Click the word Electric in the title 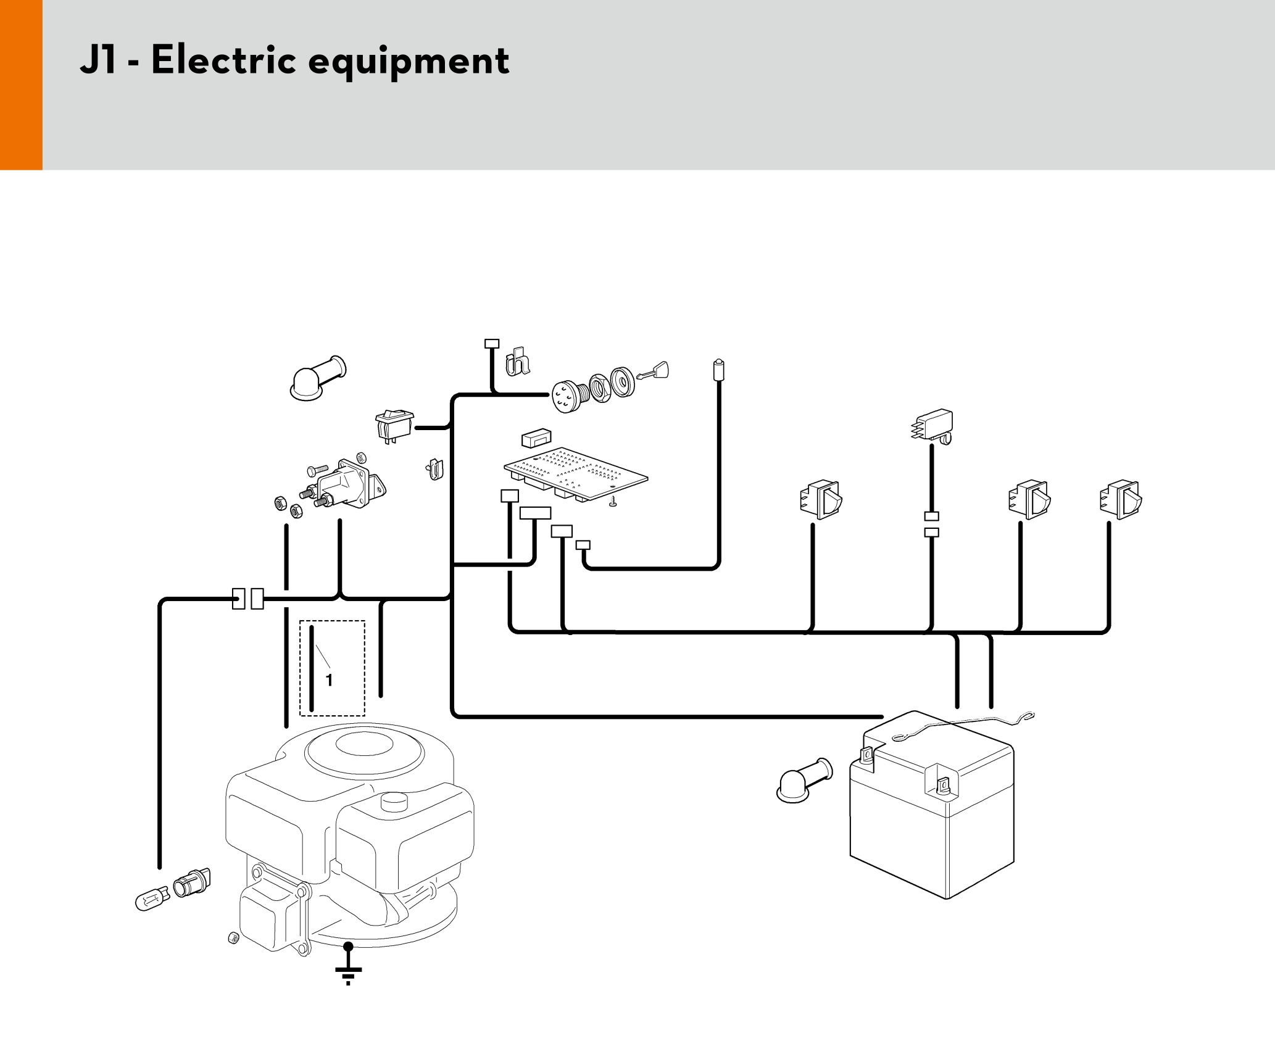click(223, 60)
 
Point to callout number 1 click(329, 680)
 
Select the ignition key click(654, 371)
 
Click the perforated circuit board click(575, 473)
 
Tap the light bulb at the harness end click(151, 898)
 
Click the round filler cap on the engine click(394, 803)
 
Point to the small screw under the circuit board click(613, 503)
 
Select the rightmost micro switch click(1121, 499)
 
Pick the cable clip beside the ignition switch click(517, 362)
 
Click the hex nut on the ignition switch click(599, 388)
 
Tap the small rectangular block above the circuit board click(536, 438)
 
